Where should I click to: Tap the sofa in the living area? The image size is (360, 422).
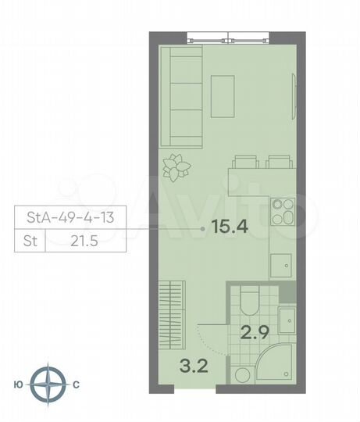coord(180,96)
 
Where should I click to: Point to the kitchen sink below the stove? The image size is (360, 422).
coord(281,266)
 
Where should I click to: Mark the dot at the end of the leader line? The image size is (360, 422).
coord(203,228)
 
